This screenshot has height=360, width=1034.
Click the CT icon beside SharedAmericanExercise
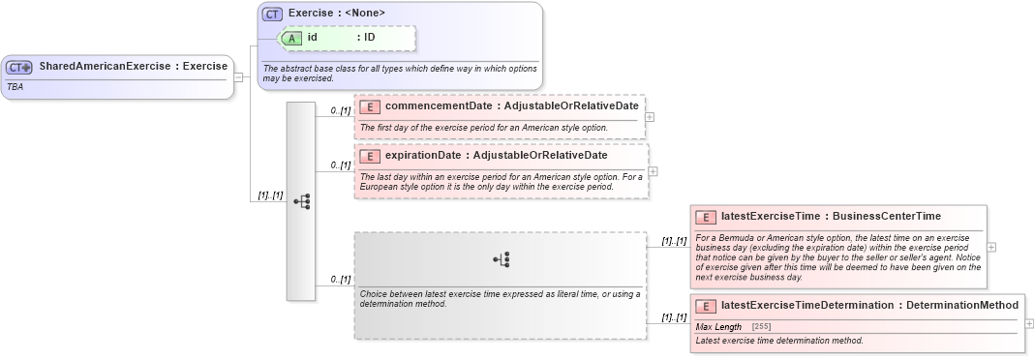click(x=19, y=68)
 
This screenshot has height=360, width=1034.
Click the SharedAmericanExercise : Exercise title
click(x=133, y=67)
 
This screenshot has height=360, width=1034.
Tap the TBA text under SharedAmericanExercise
click(x=15, y=86)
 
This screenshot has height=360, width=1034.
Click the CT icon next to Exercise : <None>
click(x=272, y=14)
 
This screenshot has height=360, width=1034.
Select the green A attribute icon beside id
click(x=291, y=38)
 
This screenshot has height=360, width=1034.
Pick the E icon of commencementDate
click(x=370, y=105)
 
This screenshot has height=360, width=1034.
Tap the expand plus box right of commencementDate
click(x=650, y=117)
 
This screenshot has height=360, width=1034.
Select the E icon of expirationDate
click(x=370, y=156)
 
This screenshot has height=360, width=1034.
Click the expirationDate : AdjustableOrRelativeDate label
click(x=496, y=156)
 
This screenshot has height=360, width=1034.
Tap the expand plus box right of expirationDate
click(x=653, y=171)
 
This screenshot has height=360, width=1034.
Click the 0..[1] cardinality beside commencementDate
click(x=340, y=110)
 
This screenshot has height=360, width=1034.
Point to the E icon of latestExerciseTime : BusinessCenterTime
click(x=706, y=217)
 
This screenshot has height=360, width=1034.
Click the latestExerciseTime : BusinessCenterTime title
click(x=831, y=216)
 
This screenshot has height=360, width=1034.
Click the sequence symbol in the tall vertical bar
click(x=301, y=201)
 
